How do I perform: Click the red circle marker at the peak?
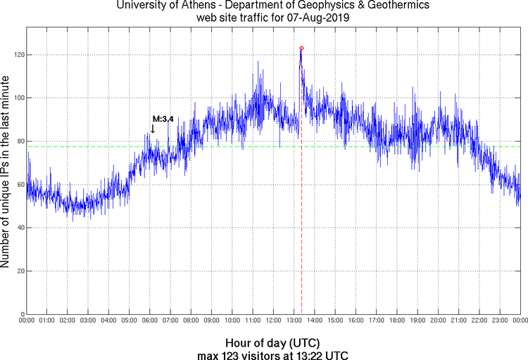[301, 48]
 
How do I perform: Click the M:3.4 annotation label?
[163, 119]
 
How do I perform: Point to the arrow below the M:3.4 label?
[153, 128]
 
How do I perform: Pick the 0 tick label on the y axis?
[21, 314]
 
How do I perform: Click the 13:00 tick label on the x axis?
[294, 321]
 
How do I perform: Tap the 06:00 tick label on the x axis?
[150, 321]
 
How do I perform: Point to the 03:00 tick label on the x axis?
[88, 321]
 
